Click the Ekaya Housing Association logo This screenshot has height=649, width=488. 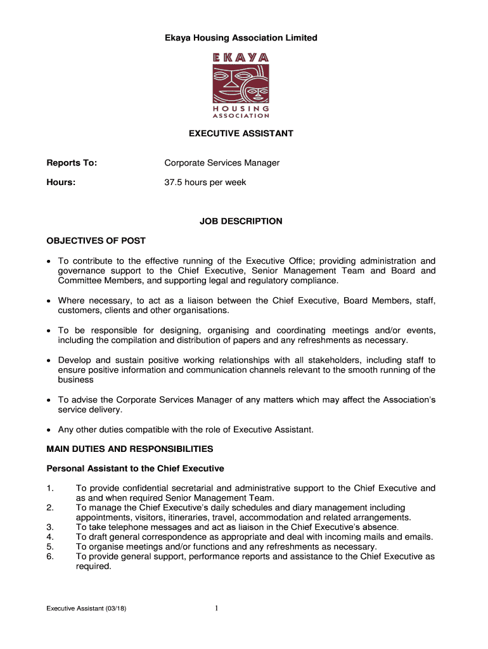[x=240, y=86]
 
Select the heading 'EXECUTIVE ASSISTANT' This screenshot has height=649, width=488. [x=240, y=134]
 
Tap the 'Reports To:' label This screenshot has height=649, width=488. [x=72, y=163]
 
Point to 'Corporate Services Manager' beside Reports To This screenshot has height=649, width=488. [x=222, y=163]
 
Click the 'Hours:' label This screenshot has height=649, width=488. [x=61, y=183]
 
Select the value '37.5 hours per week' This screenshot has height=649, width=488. [x=205, y=183]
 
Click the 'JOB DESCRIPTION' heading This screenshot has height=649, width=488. [x=241, y=221]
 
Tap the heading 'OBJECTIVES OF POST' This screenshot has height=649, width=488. [x=96, y=241]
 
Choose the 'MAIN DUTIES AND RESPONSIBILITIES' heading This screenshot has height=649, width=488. [x=130, y=449]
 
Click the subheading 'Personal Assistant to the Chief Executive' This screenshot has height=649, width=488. [x=135, y=468]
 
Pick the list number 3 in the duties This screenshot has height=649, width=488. [x=50, y=527]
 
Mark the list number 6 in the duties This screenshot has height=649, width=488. [x=50, y=556]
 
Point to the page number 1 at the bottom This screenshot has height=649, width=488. [x=217, y=610]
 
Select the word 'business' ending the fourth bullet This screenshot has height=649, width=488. [x=76, y=380]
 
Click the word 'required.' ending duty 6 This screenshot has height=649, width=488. [x=94, y=567]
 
